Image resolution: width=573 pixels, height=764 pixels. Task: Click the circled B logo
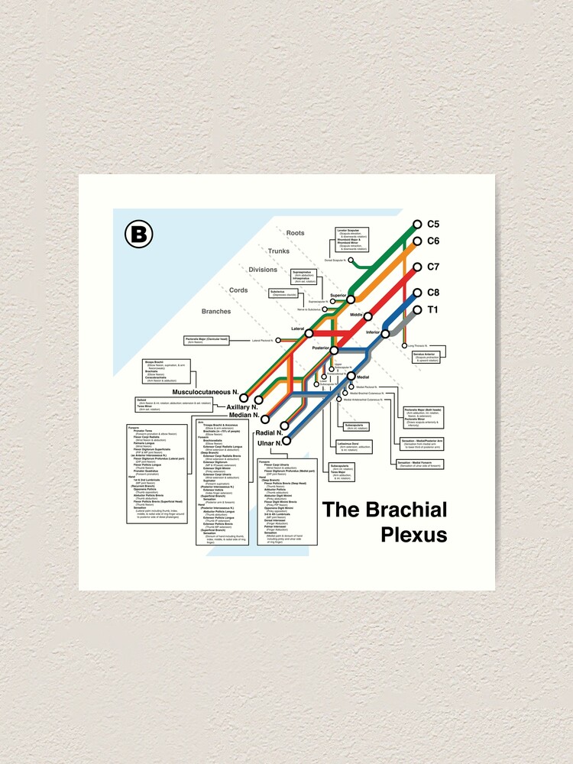tap(139, 234)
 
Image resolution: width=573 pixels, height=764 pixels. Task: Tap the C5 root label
tap(433, 224)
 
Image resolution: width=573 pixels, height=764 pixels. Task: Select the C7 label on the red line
tap(433, 267)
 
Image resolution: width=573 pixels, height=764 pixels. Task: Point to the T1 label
tap(432, 309)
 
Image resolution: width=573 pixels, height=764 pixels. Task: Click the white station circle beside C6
tap(417, 241)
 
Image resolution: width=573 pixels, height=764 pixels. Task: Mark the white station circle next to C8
tap(417, 293)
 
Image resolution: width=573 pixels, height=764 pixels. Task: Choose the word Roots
tap(295, 233)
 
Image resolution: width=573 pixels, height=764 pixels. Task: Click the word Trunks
tap(278, 251)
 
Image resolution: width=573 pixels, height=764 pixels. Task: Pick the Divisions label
tap(263, 270)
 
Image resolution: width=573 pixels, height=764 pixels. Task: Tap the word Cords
tap(238, 290)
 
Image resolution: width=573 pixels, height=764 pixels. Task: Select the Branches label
tap(215, 311)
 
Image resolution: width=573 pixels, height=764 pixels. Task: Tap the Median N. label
tap(244, 416)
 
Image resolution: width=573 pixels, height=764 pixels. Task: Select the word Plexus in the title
tap(413, 534)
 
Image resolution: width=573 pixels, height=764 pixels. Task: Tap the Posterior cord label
tap(320, 348)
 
